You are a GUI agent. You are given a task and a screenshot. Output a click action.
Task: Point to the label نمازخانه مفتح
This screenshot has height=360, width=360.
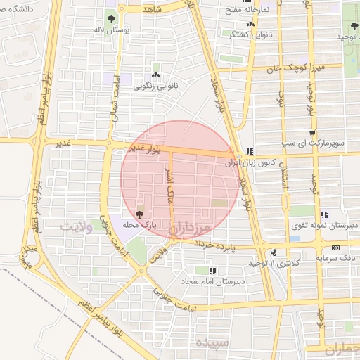(x=244, y=12)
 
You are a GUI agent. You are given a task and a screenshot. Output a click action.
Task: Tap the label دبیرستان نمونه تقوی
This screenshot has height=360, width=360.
(x=325, y=225)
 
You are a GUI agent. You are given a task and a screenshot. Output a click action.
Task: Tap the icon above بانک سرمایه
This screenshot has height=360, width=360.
(x=335, y=247)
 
